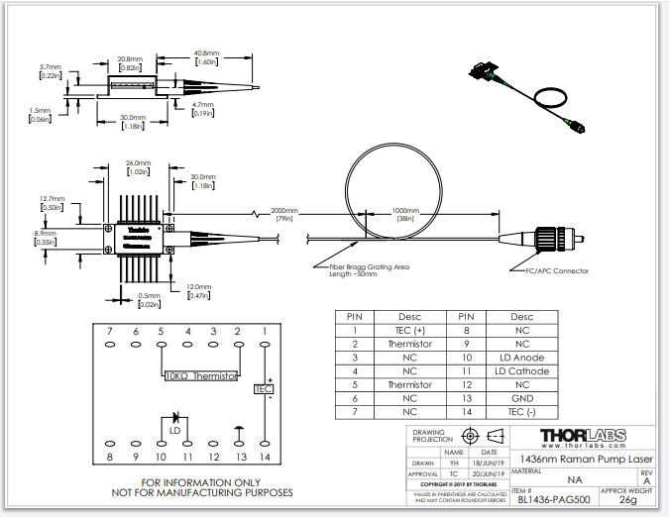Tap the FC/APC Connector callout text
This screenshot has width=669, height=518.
click(557, 270)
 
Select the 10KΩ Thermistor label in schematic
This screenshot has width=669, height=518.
click(200, 376)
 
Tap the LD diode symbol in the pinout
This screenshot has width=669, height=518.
click(176, 418)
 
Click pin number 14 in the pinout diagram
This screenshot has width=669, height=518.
click(264, 458)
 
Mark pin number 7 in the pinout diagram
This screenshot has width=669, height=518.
click(109, 330)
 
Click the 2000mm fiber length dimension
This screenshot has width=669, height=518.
click(284, 211)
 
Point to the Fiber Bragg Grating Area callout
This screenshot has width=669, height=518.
click(360, 269)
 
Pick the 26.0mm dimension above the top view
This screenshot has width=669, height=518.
click(138, 163)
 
